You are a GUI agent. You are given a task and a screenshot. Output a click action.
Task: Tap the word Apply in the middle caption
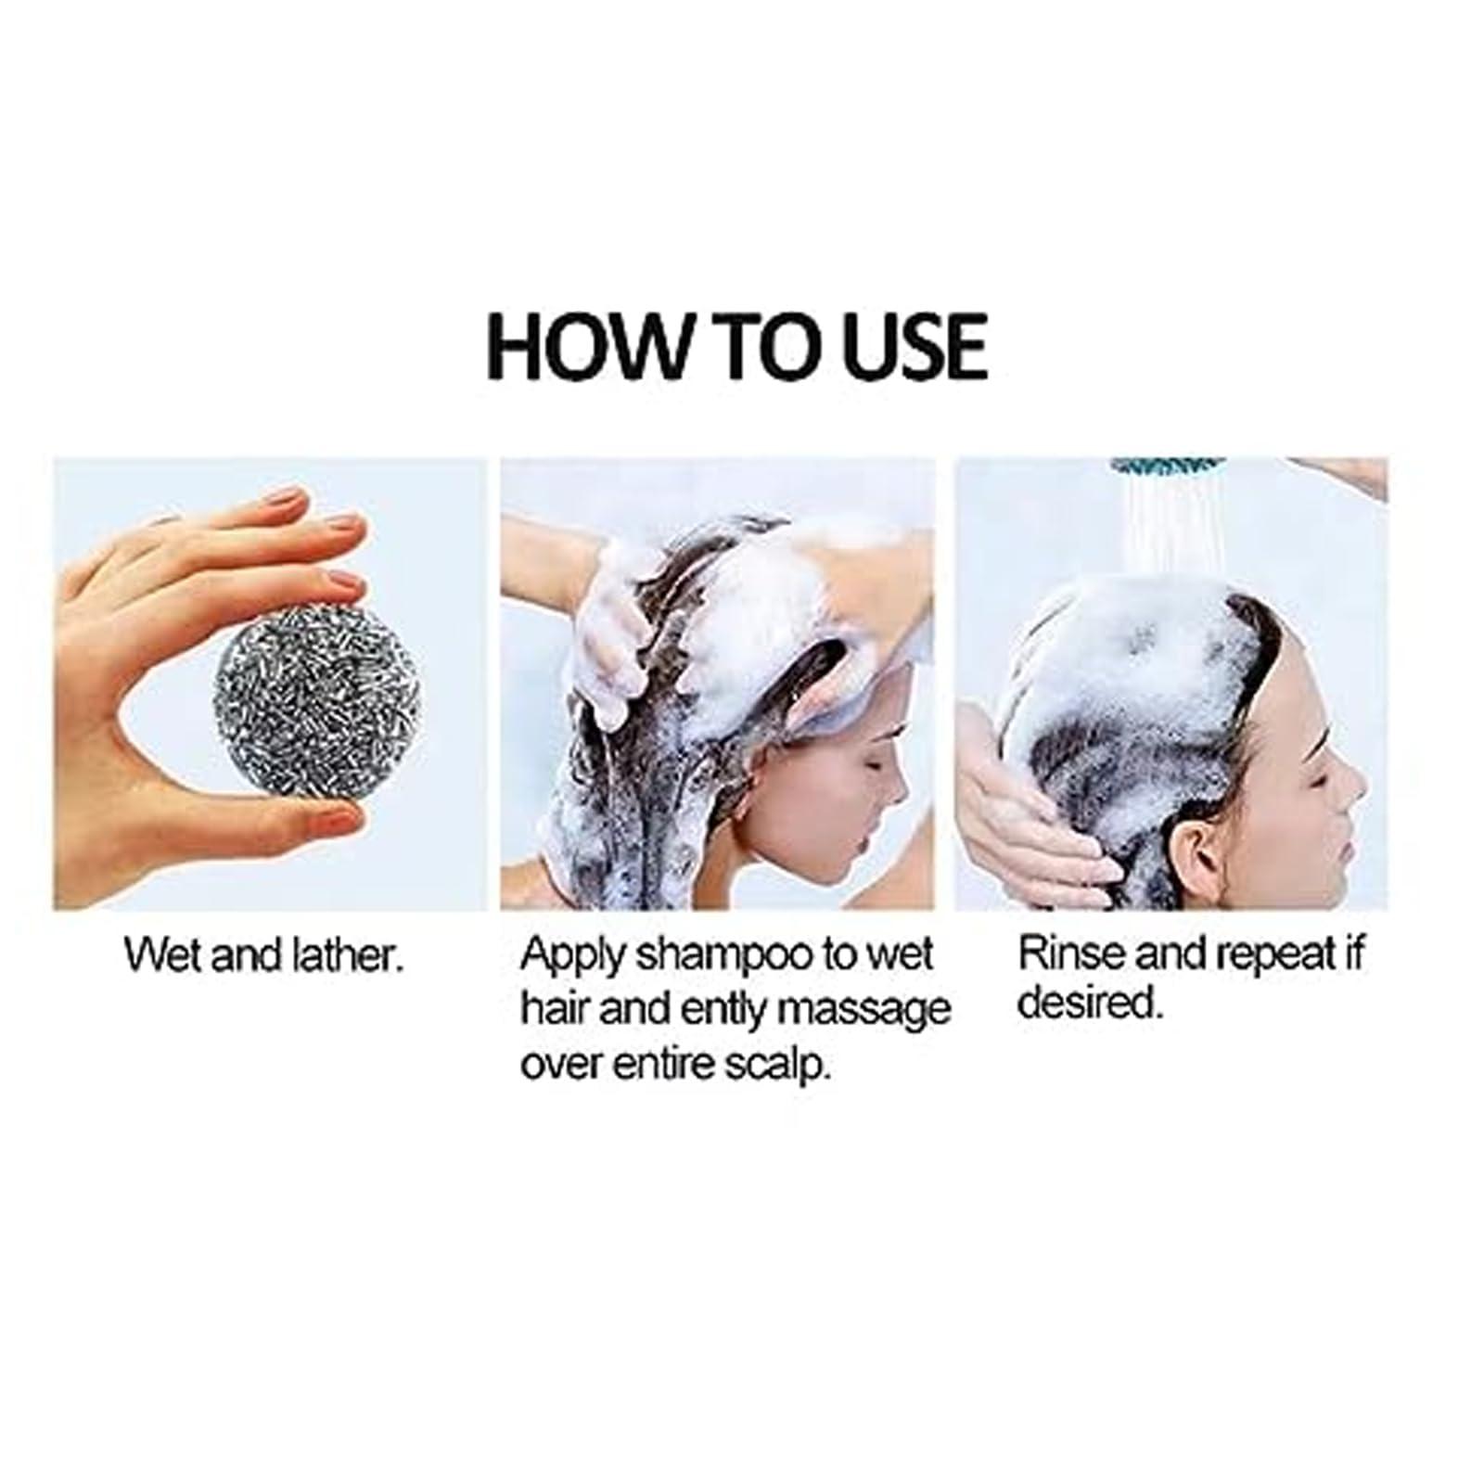tap(569, 955)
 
